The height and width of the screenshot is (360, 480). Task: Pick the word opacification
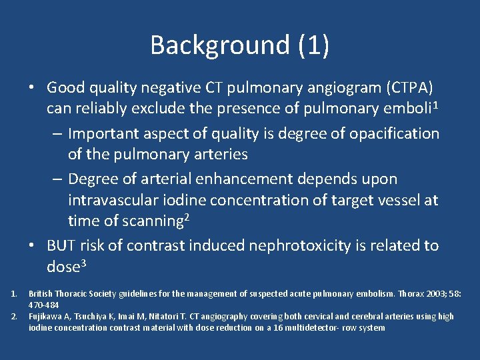396,133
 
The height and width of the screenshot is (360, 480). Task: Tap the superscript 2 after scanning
188,217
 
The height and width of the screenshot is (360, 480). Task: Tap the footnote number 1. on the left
15,294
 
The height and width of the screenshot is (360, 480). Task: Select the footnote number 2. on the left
15,316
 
